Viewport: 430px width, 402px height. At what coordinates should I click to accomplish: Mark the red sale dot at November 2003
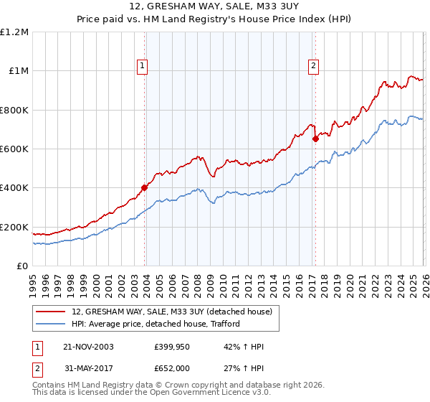[x=145, y=188]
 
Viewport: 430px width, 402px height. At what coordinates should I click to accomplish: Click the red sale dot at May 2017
[x=315, y=139]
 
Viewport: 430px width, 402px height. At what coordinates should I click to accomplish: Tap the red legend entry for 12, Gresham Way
[x=172, y=312]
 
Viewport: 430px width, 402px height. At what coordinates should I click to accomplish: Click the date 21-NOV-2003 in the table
[x=89, y=347]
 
